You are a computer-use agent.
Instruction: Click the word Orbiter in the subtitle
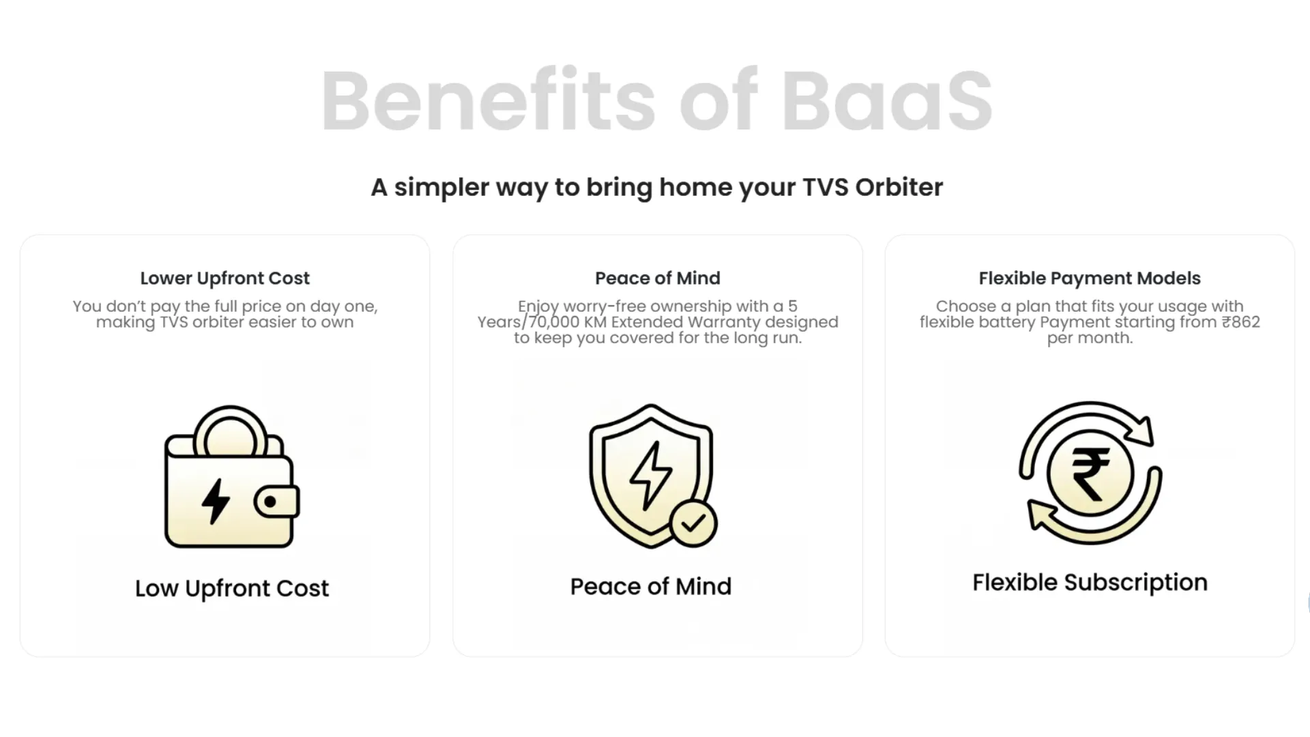pos(899,187)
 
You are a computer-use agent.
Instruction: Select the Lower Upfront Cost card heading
pos(224,278)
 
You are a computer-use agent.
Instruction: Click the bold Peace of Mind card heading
pos(657,278)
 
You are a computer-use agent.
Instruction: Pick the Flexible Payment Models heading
pos(1089,278)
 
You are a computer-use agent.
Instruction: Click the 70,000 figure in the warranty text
pos(555,322)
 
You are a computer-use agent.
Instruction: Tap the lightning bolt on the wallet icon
pos(216,501)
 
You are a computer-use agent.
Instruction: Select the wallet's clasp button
pos(270,502)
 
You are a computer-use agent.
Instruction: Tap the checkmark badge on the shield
pos(693,524)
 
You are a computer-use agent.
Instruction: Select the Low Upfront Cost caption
pos(231,588)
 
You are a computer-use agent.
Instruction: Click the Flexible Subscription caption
pos(1090,583)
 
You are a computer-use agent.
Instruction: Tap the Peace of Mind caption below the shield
pos(650,587)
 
